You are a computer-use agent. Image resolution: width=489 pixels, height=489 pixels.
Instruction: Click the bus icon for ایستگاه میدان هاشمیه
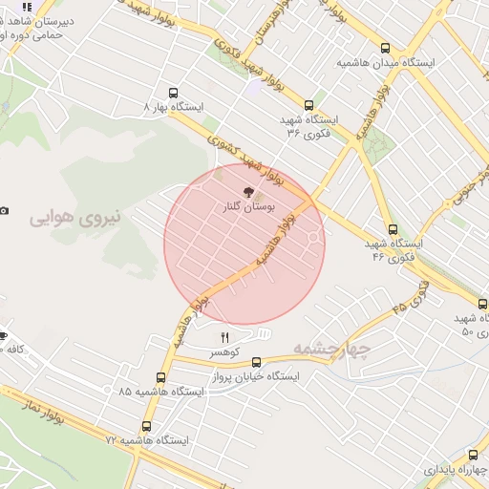tap(385, 48)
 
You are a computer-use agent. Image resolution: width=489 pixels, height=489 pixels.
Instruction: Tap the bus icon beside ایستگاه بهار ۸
tap(173, 94)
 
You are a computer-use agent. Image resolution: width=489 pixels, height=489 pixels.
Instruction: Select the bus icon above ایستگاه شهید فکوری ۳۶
tap(308, 106)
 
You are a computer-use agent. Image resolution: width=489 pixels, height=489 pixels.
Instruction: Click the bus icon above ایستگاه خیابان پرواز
tap(256, 362)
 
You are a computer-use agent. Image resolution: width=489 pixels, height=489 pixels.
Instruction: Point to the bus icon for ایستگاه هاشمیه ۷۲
tap(146, 426)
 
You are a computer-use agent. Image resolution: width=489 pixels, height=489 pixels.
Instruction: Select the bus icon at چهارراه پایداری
tap(474, 456)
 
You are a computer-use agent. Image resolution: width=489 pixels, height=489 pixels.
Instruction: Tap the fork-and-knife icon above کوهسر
tap(225, 337)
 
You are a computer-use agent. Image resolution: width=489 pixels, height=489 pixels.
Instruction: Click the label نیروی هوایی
tap(75, 217)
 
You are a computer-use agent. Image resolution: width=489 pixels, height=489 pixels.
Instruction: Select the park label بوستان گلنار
tap(247, 205)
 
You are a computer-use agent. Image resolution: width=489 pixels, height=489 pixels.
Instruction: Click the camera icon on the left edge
tap(4, 210)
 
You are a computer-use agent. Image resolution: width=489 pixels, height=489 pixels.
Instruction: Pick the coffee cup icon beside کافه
tap(3, 335)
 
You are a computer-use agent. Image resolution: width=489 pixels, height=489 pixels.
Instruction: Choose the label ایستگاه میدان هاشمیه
tap(386, 63)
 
